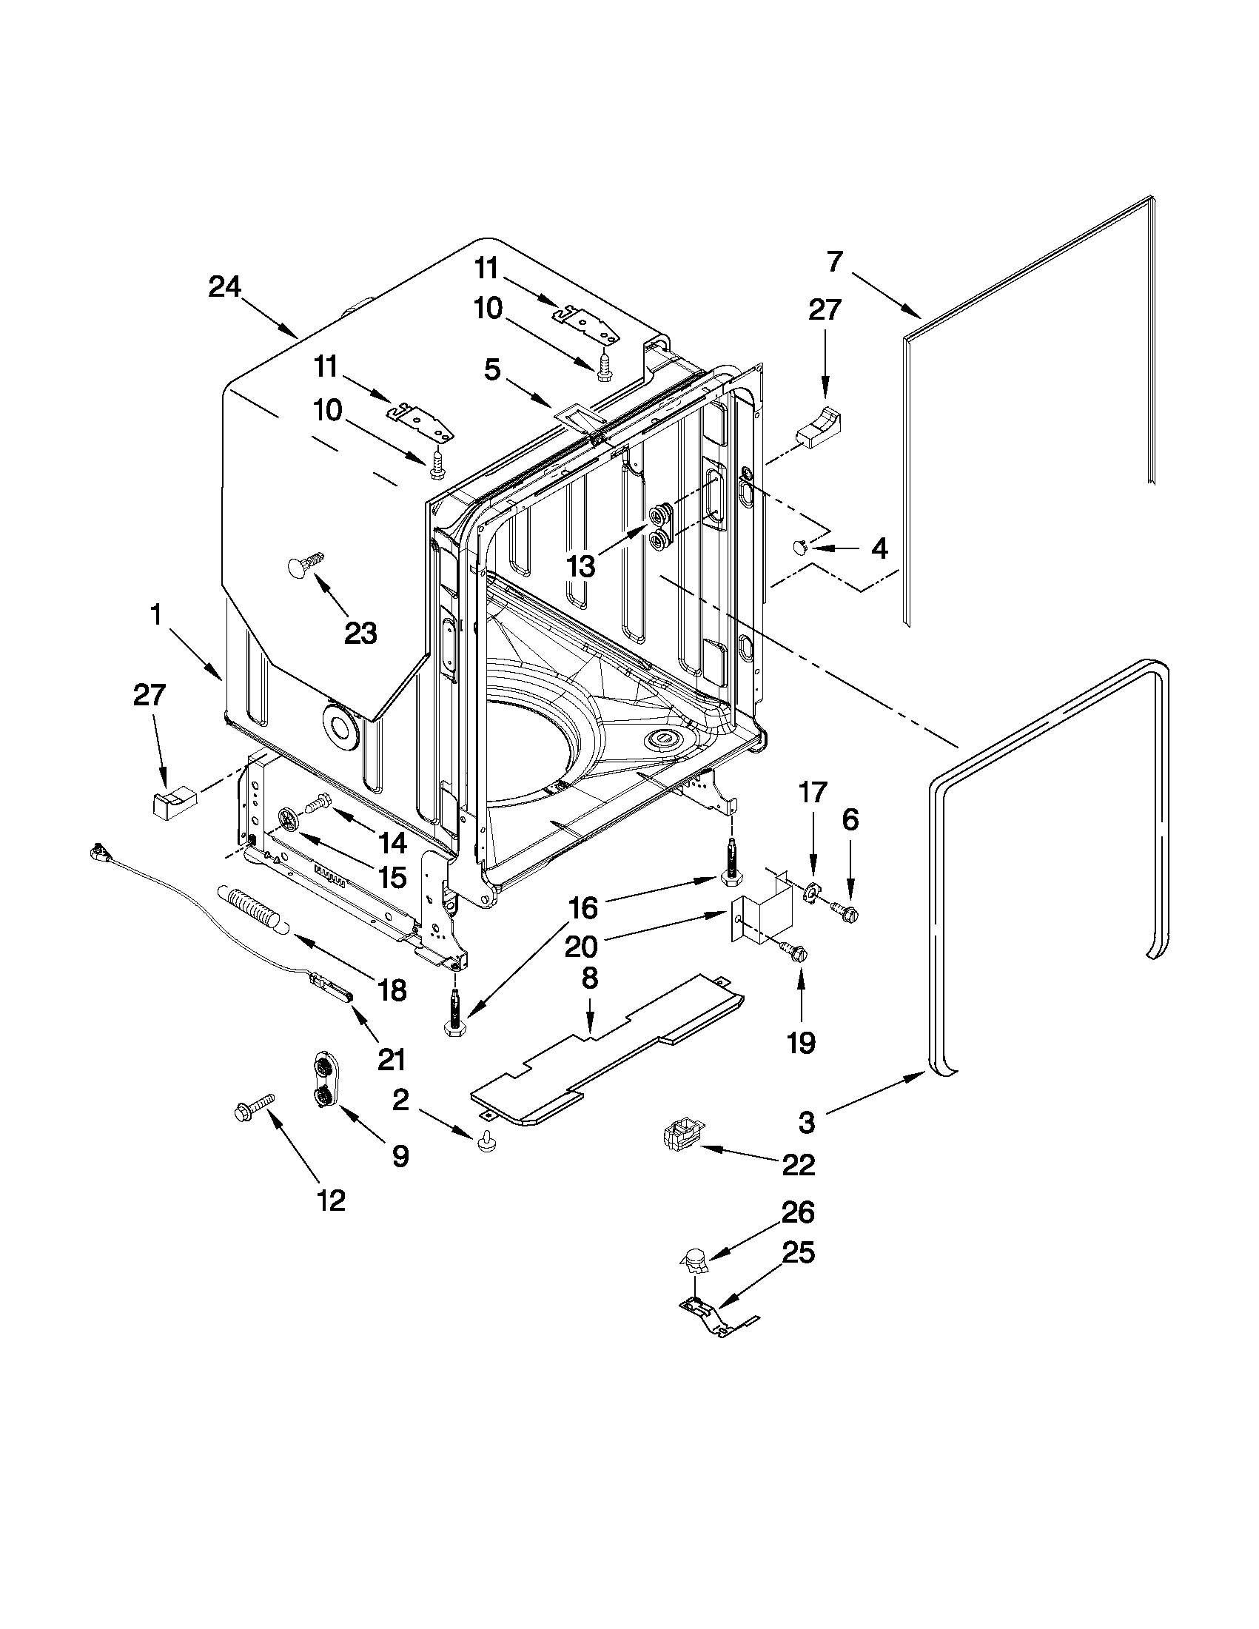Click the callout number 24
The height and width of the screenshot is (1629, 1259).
[224, 287]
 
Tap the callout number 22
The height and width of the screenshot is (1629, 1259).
[797, 1164]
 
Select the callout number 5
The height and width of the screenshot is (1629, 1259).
[493, 369]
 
